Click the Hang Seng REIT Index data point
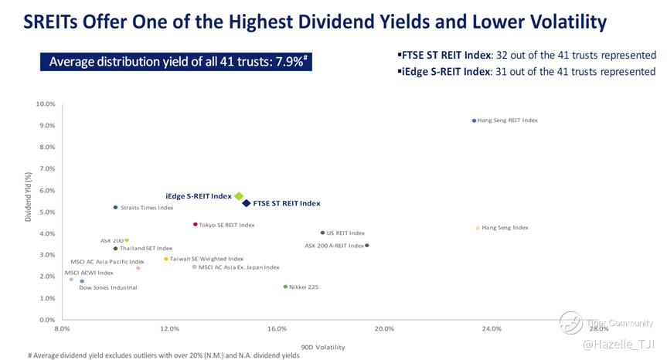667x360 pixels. point(474,121)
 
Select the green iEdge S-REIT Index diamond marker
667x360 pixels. point(240,196)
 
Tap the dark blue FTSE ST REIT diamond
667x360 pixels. point(247,203)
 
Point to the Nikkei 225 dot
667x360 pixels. point(285,287)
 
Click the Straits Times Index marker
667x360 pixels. point(115,207)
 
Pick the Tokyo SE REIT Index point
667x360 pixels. point(195,225)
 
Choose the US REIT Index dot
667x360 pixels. point(322,233)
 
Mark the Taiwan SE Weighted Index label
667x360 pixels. point(206,259)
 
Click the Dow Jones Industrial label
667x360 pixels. point(108,287)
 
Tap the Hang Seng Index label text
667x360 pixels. point(505,228)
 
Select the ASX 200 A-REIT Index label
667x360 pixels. point(334,246)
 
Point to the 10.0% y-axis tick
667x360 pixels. point(46,104)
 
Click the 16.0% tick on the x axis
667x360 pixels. point(277,329)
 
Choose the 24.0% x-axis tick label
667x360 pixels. point(492,329)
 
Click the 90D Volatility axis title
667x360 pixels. point(323,348)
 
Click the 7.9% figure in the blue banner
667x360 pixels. point(291,61)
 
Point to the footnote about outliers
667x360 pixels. point(163,355)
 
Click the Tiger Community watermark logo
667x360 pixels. point(571,323)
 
